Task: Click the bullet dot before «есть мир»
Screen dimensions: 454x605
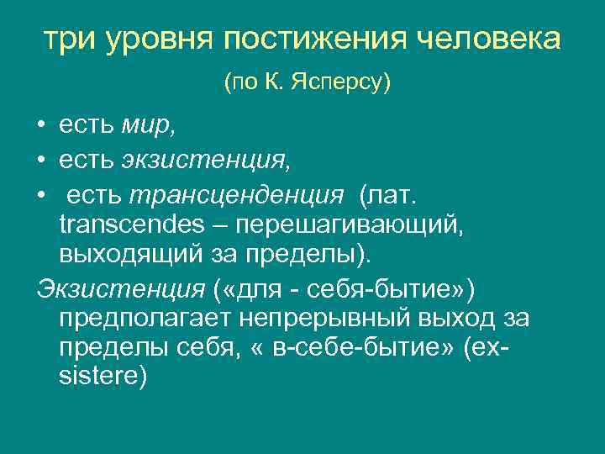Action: point(41,127)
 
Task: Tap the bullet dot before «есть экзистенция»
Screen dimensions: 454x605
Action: point(41,160)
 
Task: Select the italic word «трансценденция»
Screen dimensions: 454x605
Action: point(236,195)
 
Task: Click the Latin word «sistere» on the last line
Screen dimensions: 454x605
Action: point(103,377)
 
